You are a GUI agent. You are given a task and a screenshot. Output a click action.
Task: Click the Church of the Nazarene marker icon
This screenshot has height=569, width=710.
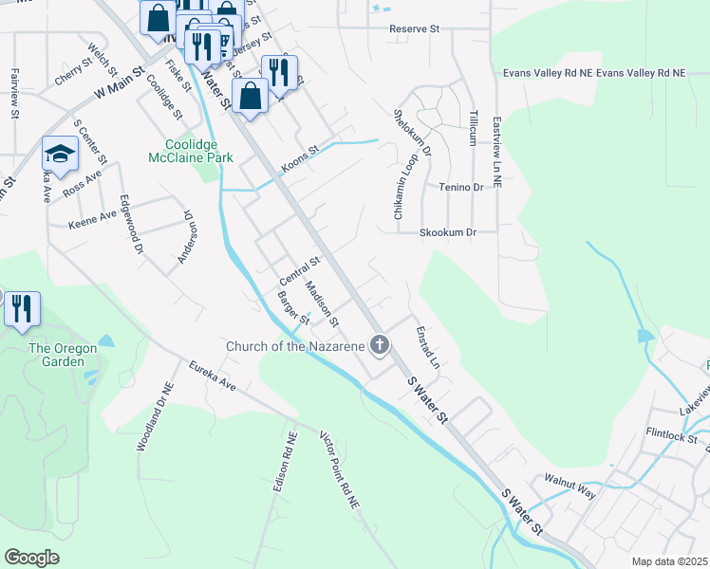380,345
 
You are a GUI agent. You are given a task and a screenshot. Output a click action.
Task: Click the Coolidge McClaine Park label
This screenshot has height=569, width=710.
192,151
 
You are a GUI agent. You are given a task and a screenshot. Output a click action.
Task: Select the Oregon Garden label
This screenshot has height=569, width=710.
63,355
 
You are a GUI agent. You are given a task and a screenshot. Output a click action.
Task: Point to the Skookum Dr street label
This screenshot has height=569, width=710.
447,231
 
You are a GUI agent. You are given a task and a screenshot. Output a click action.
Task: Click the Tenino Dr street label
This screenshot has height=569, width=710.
461,188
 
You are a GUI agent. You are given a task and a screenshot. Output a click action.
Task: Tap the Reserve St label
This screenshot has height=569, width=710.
415,29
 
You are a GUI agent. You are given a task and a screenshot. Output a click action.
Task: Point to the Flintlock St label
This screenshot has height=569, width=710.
671,438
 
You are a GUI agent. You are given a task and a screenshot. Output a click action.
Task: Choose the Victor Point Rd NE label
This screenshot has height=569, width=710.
339,471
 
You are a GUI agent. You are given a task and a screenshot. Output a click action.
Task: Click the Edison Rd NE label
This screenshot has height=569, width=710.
280,462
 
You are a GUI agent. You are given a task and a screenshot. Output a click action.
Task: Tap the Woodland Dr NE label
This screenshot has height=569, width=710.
156,417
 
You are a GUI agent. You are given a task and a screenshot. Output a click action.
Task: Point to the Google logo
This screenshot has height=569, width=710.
32,558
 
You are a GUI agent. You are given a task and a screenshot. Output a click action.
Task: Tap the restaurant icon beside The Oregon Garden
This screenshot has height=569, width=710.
21,308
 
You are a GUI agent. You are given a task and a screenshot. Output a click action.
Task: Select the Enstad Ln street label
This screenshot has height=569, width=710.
428,348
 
